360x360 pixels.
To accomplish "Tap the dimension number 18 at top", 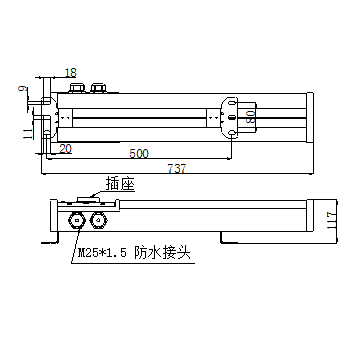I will [69, 73].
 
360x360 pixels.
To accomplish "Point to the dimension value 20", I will [64, 148].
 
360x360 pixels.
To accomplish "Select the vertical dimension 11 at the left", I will [23, 131].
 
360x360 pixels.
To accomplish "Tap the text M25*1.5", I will [103, 255].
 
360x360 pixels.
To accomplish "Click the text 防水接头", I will [164, 255].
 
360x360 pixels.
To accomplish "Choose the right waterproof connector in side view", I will [97, 217].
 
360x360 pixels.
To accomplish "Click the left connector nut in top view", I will [76, 89].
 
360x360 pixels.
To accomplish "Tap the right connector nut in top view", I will [98, 89].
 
